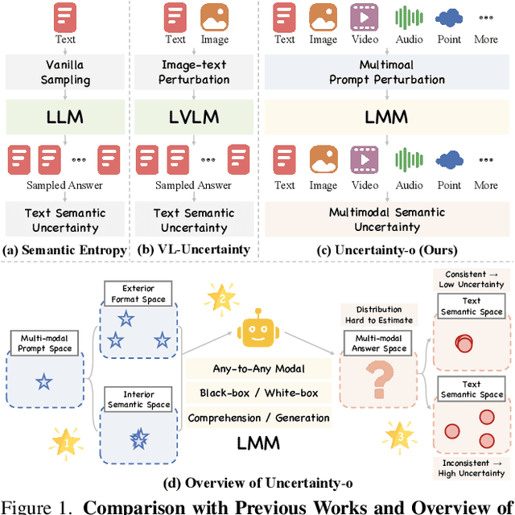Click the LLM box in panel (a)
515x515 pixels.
[64, 118]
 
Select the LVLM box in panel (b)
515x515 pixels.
[193, 118]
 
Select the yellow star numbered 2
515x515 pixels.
[219, 299]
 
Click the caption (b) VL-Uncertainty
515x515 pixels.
[193, 250]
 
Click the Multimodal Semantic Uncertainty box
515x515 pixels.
[387, 220]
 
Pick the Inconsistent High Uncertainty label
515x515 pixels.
[472, 468]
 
